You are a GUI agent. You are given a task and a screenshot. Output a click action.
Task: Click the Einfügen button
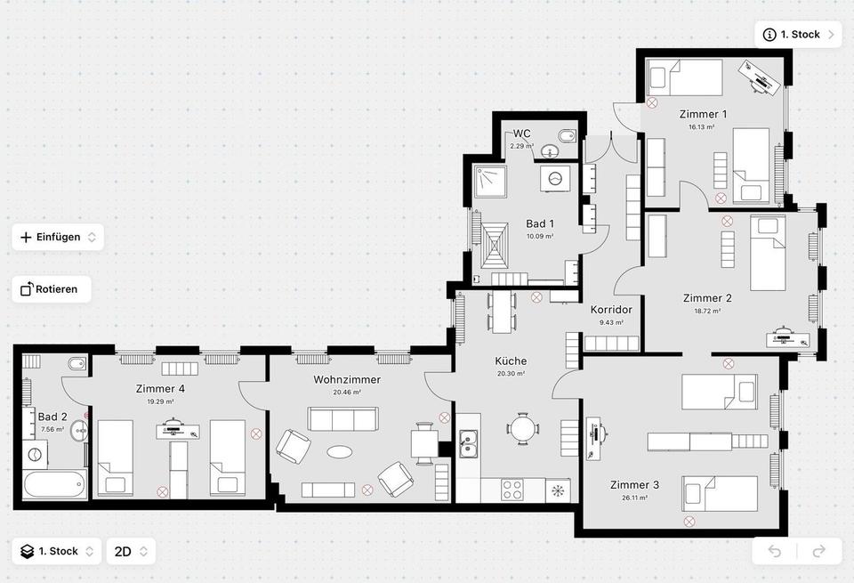(58, 237)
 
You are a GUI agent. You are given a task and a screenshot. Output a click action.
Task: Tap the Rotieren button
(51, 289)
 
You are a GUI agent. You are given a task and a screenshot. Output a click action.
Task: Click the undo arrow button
(774, 551)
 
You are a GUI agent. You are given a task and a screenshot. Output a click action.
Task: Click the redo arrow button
(818, 551)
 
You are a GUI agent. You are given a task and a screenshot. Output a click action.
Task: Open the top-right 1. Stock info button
(797, 35)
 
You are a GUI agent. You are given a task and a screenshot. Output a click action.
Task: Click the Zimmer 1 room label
(703, 114)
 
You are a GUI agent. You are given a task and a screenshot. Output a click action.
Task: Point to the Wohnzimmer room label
(347, 379)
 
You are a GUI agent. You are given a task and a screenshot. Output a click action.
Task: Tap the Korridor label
(611, 310)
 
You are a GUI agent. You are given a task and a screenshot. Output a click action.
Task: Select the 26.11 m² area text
(634, 498)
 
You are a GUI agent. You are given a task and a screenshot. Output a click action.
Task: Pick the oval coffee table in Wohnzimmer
(340, 452)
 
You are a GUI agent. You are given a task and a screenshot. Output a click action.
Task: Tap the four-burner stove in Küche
(512, 489)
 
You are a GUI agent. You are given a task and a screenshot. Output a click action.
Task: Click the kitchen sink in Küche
(469, 442)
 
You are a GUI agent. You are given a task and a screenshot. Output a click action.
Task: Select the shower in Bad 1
(490, 182)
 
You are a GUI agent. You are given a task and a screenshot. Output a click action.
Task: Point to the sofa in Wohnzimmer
(343, 418)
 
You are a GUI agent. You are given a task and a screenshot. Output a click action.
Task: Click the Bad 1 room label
(540, 223)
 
